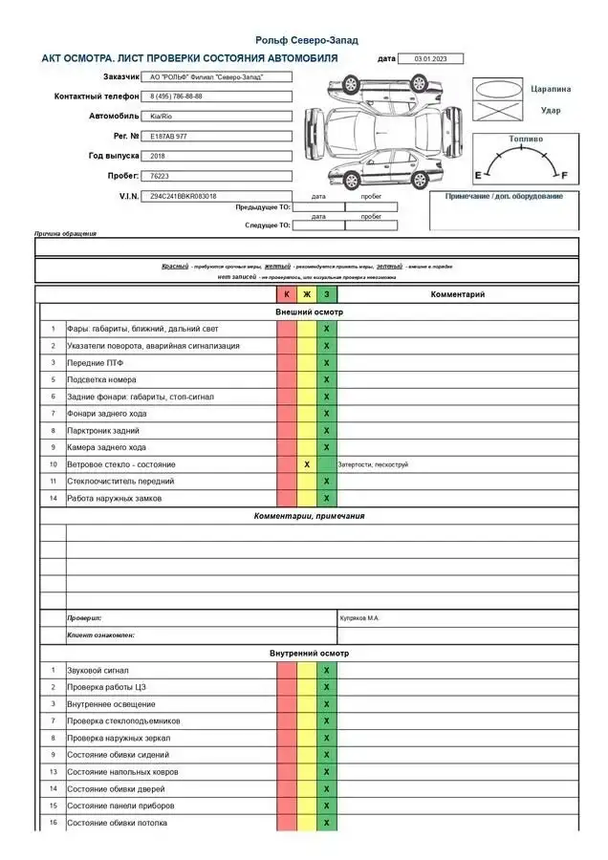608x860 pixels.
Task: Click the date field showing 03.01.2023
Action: [x=429, y=58]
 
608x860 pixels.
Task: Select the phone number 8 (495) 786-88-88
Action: [x=177, y=97]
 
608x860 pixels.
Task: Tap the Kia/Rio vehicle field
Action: [x=162, y=116]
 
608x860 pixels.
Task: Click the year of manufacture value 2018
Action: [x=158, y=156]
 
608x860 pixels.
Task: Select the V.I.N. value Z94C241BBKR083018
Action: [x=184, y=196]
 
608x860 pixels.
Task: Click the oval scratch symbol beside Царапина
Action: [x=497, y=89]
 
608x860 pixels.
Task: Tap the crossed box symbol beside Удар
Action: [x=497, y=111]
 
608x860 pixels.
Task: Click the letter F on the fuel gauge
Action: [x=564, y=176]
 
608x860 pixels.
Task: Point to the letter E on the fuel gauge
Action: [x=478, y=176]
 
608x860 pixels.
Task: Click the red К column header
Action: [x=287, y=294]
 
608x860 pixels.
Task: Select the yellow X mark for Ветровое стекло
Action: [x=307, y=464]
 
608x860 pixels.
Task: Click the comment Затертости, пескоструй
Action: [x=374, y=464]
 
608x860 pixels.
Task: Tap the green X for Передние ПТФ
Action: [x=327, y=363]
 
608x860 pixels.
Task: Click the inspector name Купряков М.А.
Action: [x=359, y=618]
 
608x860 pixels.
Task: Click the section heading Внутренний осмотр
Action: [x=309, y=654]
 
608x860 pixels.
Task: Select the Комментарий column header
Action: [x=458, y=294]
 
